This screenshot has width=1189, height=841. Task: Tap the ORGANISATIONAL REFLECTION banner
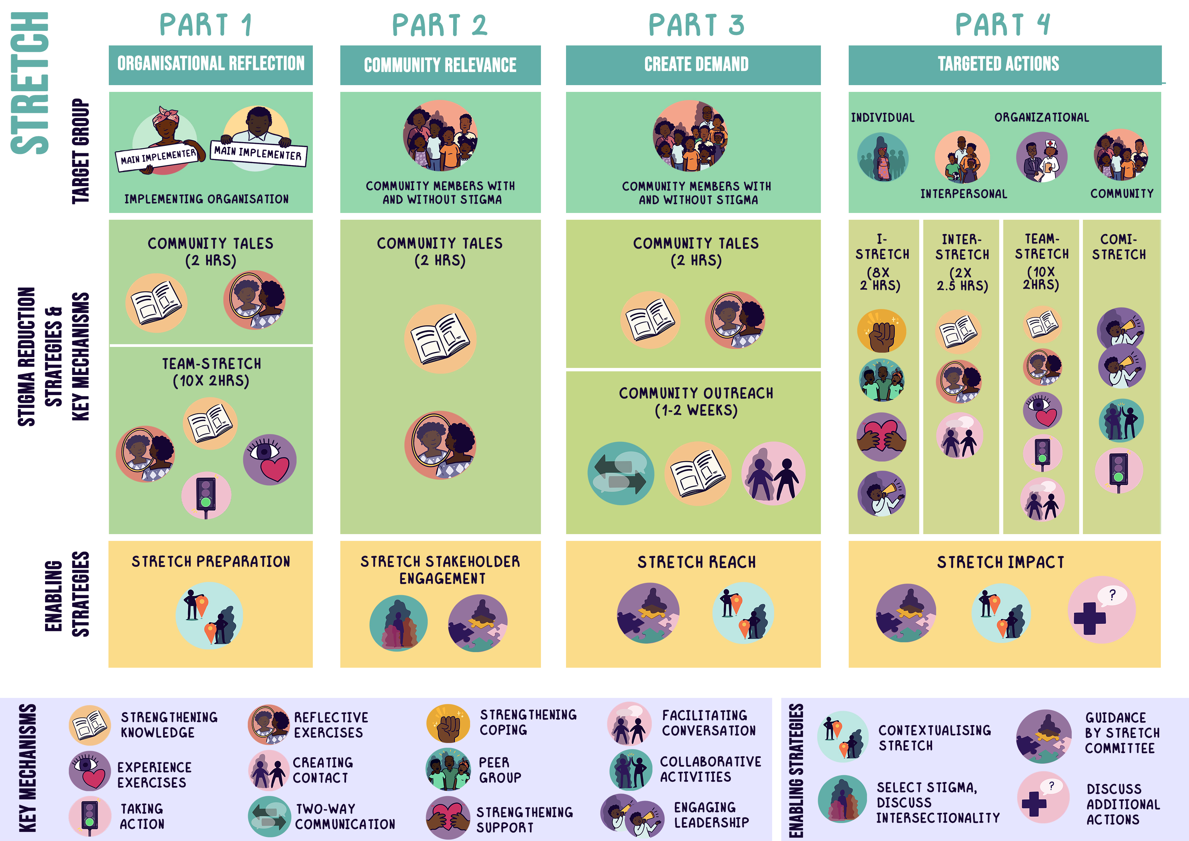coord(211,64)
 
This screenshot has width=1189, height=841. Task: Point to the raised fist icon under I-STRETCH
coord(881,331)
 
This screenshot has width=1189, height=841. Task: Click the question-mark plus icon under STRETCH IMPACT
coord(1102,610)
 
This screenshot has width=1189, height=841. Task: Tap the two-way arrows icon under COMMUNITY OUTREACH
coord(620,473)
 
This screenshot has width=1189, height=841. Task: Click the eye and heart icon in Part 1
coord(270,459)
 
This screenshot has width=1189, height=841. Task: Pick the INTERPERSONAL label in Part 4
coord(963,194)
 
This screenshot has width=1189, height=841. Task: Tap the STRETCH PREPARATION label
coord(211,562)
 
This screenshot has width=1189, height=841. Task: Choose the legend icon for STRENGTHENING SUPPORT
coord(447,817)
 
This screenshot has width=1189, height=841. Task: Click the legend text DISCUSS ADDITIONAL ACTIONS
coord(1123,804)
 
